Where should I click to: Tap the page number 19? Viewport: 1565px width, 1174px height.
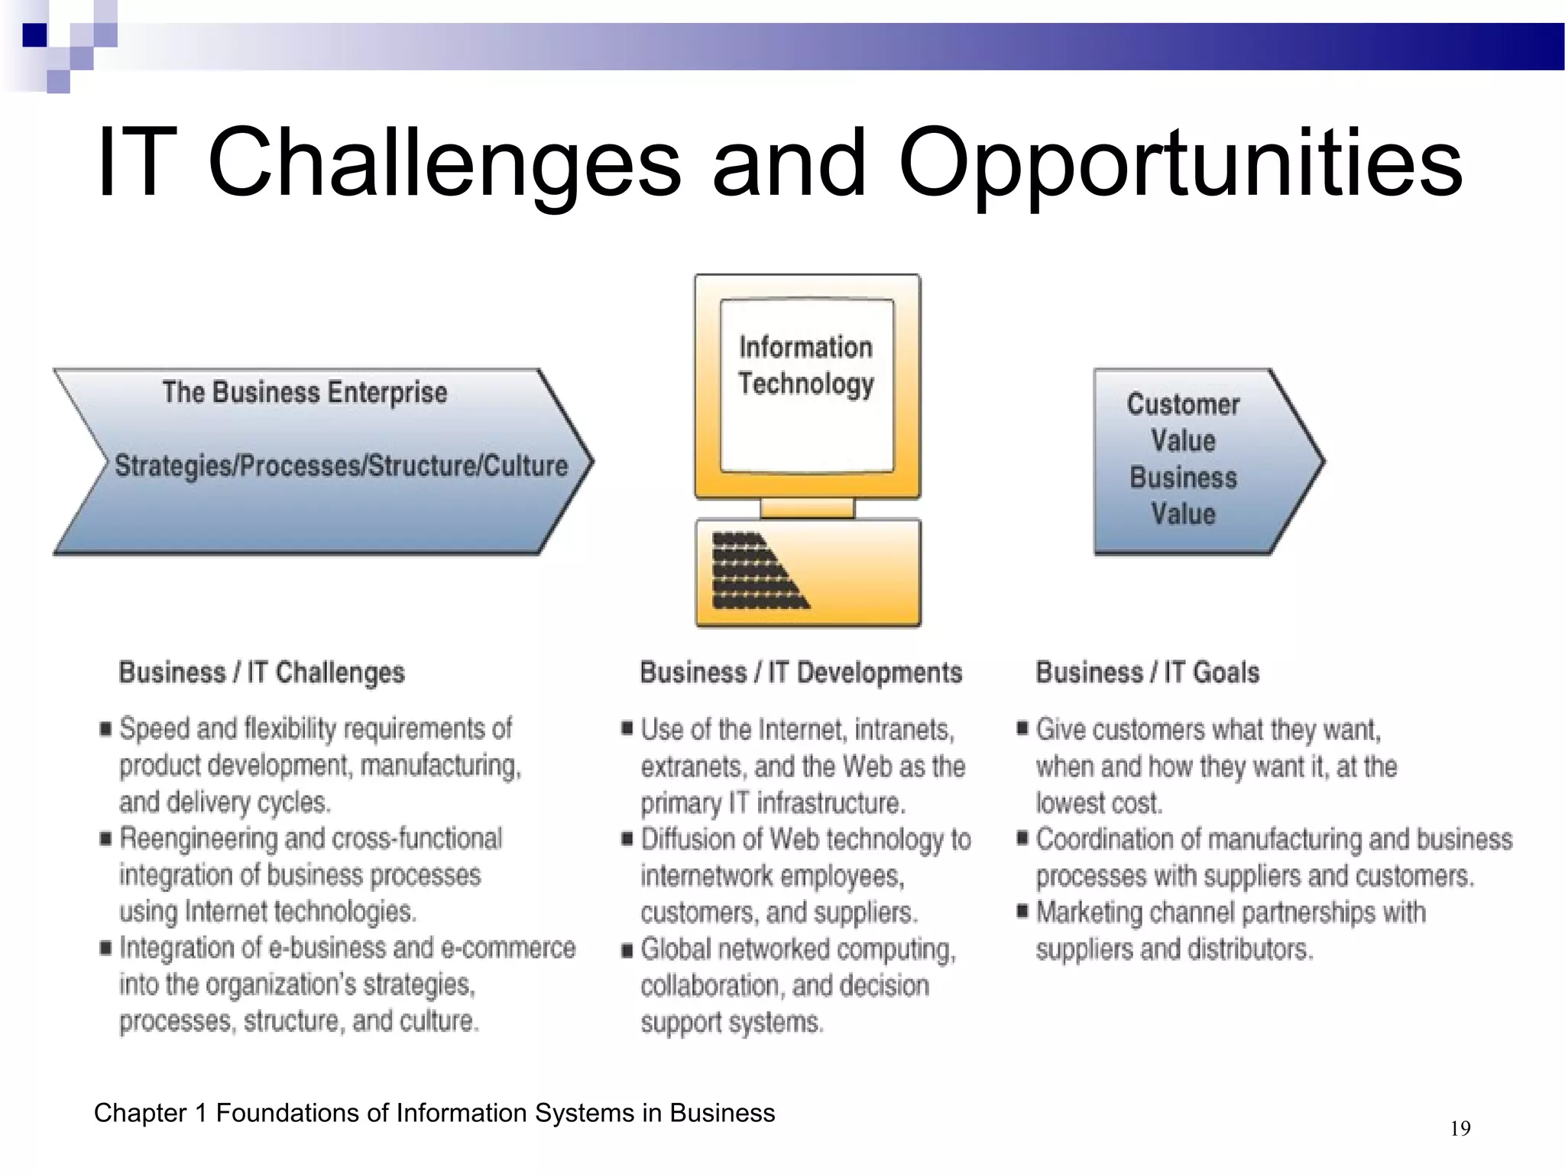[1460, 1128]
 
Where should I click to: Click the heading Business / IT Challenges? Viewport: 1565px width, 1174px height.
[261, 673]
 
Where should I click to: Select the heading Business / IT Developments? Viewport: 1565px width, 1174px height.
[800, 673]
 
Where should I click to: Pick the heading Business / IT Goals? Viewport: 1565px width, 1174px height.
[1147, 673]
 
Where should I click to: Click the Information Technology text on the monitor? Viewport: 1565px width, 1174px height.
[806, 365]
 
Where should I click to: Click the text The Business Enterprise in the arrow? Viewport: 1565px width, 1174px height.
[304, 392]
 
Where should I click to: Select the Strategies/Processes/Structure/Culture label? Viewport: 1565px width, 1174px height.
[341, 465]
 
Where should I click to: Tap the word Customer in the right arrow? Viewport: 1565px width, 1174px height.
[1183, 404]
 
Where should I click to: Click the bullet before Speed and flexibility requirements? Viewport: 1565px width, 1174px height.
[105, 728]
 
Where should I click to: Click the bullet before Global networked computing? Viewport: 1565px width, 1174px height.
[627, 950]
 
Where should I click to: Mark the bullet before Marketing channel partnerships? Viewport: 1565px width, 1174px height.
[1022, 911]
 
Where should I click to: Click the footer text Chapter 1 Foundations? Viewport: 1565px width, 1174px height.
[434, 1113]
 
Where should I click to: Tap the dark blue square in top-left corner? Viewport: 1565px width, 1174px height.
[34, 34]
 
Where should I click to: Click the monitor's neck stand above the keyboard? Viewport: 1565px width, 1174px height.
[807, 508]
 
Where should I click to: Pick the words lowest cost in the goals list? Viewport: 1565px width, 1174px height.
[1098, 803]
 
